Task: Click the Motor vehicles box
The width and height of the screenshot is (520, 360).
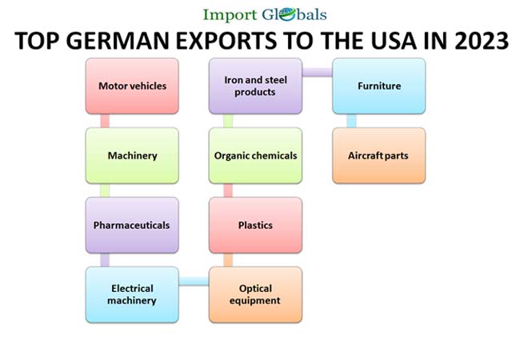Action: (x=132, y=86)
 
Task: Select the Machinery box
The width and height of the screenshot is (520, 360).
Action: (x=132, y=155)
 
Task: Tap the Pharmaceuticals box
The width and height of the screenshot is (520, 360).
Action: (x=132, y=225)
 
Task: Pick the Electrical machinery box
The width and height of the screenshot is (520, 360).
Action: (x=132, y=294)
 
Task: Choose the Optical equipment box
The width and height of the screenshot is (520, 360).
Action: (x=255, y=294)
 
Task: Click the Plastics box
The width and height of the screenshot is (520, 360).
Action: (x=255, y=225)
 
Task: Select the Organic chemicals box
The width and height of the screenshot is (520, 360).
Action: (x=255, y=155)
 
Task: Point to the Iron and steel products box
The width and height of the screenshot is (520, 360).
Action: (x=255, y=86)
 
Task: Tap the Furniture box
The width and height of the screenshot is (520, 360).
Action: (x=378, y=86)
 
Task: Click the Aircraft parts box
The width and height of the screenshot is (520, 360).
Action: (x=378, y=155)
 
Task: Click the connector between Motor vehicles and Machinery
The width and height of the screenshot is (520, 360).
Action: (x=104, y=121)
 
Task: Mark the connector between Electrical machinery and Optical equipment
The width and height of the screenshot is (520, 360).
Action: (x=194, y=280)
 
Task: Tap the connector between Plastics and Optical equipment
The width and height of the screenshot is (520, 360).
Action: (x=228, y=260)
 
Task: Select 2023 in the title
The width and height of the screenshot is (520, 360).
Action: (x=476, y=41)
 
